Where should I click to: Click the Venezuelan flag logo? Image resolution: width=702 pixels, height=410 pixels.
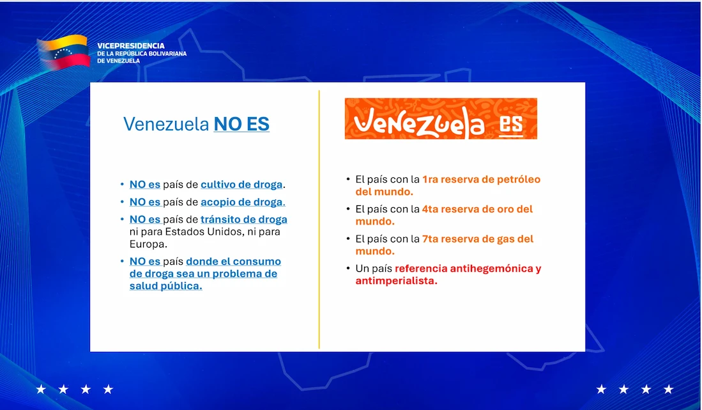(x=63, y=52)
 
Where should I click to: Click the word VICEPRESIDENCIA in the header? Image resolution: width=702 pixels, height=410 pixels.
(x=131, y=45)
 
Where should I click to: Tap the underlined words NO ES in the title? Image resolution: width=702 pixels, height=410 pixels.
(x=241, y=124)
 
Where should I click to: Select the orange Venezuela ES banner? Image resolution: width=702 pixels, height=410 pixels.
(x=441, y=118)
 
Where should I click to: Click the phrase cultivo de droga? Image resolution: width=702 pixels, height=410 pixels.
(x=241, y=185)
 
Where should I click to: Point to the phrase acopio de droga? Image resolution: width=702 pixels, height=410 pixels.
(x=243, y=202)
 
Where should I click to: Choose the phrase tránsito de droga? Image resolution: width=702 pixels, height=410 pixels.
(x=244, y=219)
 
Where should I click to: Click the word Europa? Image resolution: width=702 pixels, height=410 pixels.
(x=148, y=244)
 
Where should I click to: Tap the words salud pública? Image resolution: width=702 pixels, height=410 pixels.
(x=165, y=286)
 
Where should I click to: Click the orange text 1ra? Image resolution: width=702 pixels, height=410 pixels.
(x=431, y=180)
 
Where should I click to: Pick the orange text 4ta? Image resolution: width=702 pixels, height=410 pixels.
(x=431, y=209)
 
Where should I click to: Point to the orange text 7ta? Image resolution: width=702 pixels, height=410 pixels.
(x=431, y=239)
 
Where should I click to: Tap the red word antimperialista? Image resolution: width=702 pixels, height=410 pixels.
(x=396, y=281)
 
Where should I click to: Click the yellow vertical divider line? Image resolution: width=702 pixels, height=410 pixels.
(x=319, y=219)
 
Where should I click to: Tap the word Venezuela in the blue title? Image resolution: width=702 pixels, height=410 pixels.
(x=166, y=124)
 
